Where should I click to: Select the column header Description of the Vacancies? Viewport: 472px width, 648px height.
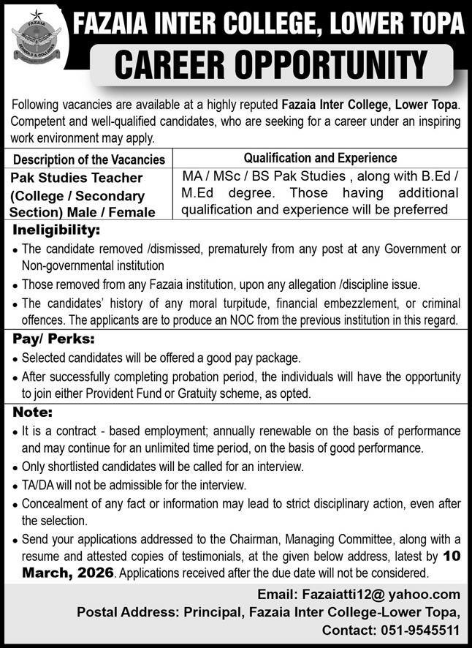point(88,159)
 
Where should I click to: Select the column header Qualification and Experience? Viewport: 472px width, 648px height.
point(320,157)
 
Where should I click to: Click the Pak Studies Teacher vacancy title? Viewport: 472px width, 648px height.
point(77,178)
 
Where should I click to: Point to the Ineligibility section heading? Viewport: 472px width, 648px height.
point(54,230)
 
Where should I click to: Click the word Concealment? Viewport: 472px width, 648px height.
point(54,503)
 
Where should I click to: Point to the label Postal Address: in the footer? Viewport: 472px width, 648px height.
point(121,611)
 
